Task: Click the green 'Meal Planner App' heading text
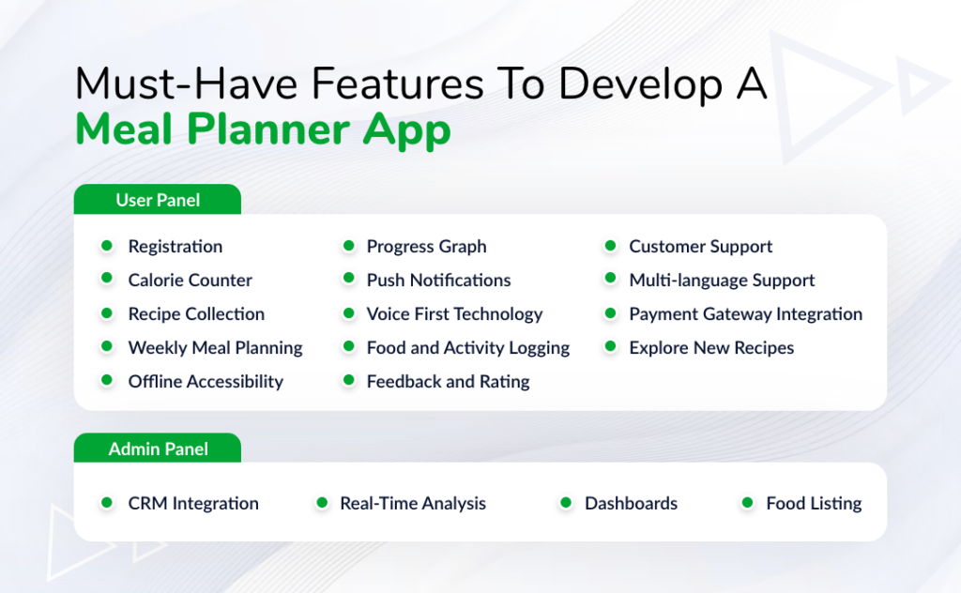263,130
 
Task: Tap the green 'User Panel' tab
158,200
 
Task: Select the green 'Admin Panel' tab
158,449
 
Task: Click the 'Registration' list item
175,247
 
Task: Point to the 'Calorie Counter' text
190,281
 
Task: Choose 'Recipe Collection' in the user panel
196,314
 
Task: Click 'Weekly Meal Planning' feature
215,348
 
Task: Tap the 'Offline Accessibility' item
206,382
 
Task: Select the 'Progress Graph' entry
426,247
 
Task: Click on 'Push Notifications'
438,281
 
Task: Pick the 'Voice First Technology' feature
454,314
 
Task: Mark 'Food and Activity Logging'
467,348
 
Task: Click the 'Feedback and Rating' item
448,382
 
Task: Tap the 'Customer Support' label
700,247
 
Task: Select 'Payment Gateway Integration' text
745,314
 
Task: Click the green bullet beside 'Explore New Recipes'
610,347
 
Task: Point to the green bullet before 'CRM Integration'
107,503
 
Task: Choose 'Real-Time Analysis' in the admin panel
413,504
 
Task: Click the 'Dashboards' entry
631,504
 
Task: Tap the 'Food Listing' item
814,504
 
